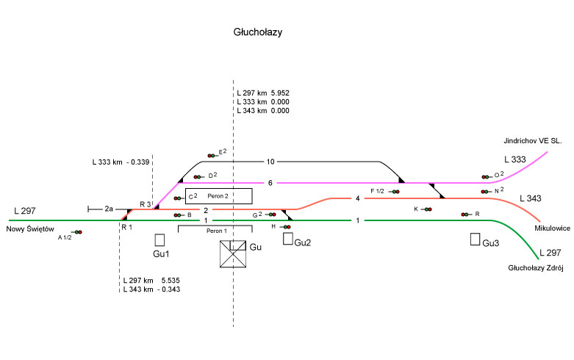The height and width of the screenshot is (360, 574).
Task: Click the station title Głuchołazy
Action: [258, 33]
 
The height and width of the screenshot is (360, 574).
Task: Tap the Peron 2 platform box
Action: [218, 196]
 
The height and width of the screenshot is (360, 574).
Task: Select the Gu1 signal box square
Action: [159, 240]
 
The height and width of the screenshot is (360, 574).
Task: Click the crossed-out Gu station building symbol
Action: [234, 253]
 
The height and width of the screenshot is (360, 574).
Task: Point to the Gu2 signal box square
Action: [288, 239]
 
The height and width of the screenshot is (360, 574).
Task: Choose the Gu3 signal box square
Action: [476, 240]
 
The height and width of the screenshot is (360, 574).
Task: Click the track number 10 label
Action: [270, 162]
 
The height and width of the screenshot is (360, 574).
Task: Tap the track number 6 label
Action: [270, 183]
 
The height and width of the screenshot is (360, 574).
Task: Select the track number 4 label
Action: [357, 198]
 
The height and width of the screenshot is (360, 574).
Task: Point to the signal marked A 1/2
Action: [77, 232]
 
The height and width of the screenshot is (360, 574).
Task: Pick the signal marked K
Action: [427, 209]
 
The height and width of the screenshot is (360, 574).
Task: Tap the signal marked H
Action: [285, 227]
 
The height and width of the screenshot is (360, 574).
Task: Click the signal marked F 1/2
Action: [395, 192]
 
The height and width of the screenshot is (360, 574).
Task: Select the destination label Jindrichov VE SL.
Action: [532, 140]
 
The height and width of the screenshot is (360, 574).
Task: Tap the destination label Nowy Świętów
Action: [30, 228]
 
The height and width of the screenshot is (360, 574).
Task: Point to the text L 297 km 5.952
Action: [263, 93]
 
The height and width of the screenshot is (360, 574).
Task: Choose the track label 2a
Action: [109, 209]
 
